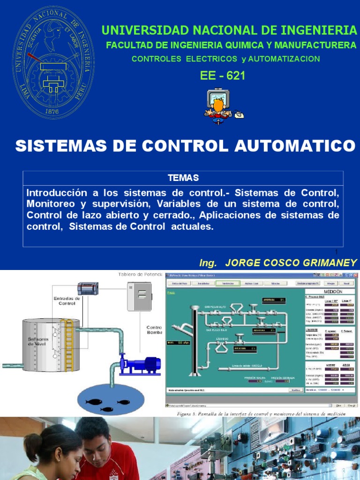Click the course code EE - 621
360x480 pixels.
(x=222, y=75)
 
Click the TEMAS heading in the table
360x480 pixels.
(x=183, y=178)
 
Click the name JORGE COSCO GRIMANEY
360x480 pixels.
(x=291, y=262)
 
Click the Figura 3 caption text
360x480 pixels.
(x=261, y=414)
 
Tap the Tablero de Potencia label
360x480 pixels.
(x=141, y=274)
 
